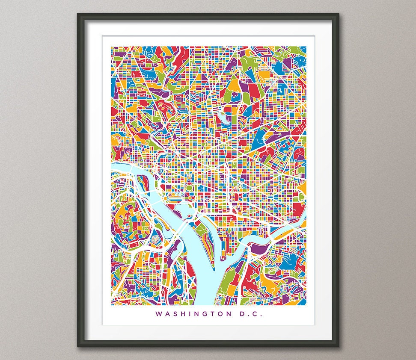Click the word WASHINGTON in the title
pos(192,314)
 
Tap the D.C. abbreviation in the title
pos(250,314)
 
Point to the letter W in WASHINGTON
pos(159,314)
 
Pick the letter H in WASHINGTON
pos(184,314)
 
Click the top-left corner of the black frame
pos(78,14)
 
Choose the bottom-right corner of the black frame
pos(338,345)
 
